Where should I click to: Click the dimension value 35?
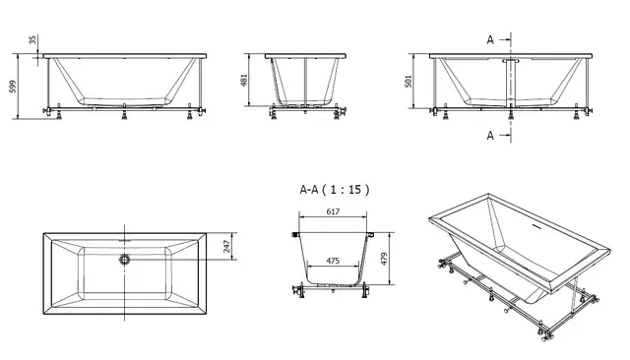click(x=32, y=41)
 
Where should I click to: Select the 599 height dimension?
click(x=12, y=87)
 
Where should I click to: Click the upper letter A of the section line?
click(x=489, y=39)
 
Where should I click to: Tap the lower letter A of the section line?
click(x=489, y=136)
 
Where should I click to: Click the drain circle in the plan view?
click(x=124, y=260)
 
